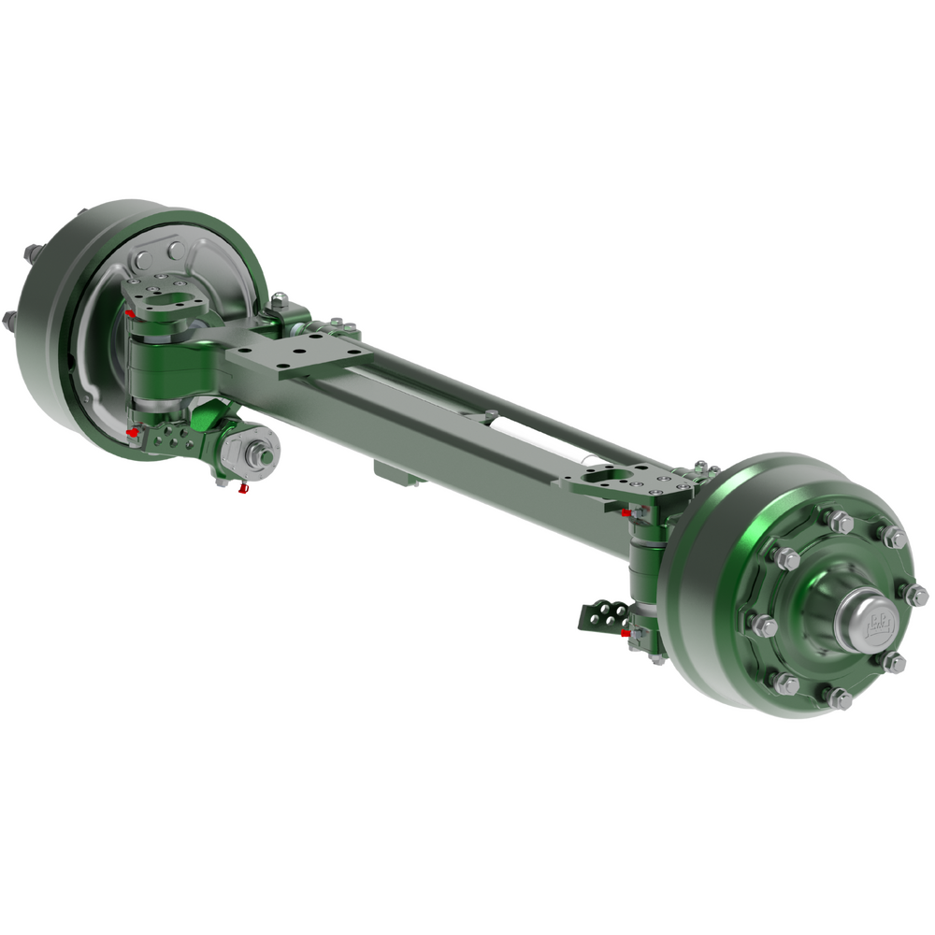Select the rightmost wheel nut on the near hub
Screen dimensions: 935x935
click(920, 594)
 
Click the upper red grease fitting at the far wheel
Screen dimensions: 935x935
click(130, 312)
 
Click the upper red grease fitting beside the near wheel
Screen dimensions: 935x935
click(626, 513)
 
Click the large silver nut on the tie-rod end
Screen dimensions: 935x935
click(255, 455)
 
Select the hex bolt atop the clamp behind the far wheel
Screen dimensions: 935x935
click(278, 298)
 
